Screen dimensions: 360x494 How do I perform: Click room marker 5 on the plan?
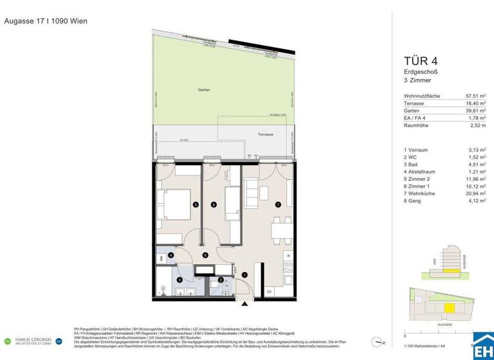pyautogui.click(x=195, y=204)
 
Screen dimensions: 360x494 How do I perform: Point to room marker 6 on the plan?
pyautogui.click(x=214, y=204)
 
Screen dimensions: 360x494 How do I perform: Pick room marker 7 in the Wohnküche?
pyautogui.click(x=278, y=204)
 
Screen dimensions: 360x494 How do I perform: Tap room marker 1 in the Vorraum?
pyautogui.click(x=244, y=274)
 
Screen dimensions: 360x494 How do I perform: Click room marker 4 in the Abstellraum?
pyautogui.click(x=170, y=255)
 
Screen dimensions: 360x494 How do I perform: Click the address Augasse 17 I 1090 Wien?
pyautogui.click(x=46, y=21)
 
